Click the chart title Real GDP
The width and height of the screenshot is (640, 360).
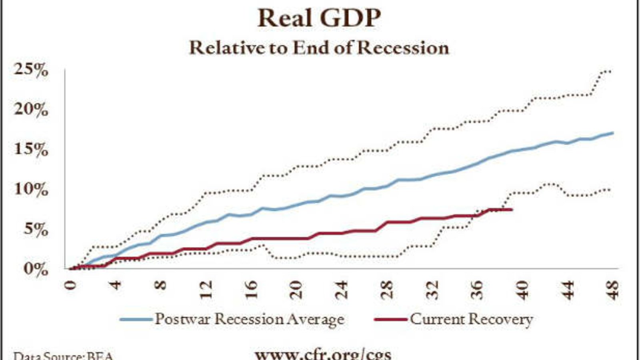point(319,18)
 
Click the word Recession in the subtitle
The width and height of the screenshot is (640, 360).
point(403,48)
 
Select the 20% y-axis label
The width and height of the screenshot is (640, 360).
point(31,110)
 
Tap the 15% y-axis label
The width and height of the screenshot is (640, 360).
point(31,150)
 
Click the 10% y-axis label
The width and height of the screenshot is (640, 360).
point(31,189)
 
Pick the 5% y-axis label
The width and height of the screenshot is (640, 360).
point(35,229)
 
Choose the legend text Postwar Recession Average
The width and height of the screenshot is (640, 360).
point(249,319)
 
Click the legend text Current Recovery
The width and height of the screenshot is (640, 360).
point(471,319)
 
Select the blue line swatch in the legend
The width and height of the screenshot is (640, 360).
point(136,319)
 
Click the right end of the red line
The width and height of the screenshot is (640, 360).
point(512,210)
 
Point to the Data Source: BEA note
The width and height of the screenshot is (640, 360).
point(63,356)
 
